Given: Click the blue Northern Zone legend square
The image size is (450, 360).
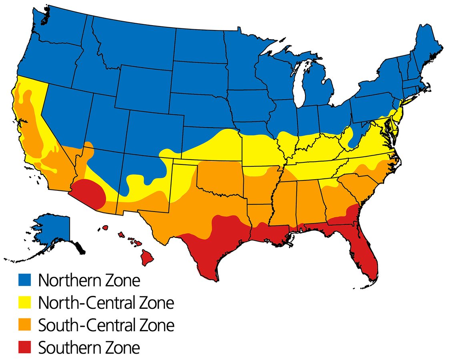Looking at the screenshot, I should (25, 280).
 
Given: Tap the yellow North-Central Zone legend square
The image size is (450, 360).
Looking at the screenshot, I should (25, 303).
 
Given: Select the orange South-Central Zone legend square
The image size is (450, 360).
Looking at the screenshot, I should (25, 325).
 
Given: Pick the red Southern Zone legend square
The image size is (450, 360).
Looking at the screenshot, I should (25, 348).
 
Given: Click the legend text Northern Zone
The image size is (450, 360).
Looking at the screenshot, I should (89, 280).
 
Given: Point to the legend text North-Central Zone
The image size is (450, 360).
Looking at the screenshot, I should (106, 303).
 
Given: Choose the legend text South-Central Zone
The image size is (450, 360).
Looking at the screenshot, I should (106, 325).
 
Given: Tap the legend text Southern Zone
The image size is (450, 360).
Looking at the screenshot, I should (89, 348).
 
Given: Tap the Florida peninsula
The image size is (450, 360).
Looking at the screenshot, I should (364, 252).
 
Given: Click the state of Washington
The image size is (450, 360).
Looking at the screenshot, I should (60, 32).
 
